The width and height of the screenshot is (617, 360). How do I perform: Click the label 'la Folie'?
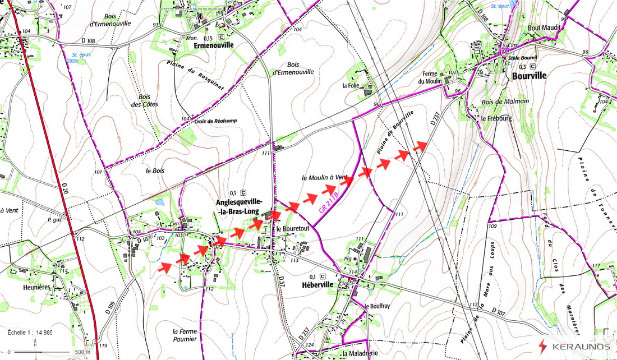(351, 86)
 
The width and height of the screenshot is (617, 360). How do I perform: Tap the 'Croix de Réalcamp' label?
(215, 121)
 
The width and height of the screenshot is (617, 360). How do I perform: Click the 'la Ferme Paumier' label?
(185, 335)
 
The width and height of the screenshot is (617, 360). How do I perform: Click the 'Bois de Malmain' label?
(505, 101)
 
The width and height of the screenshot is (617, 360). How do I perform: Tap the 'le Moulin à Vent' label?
(324, 177)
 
